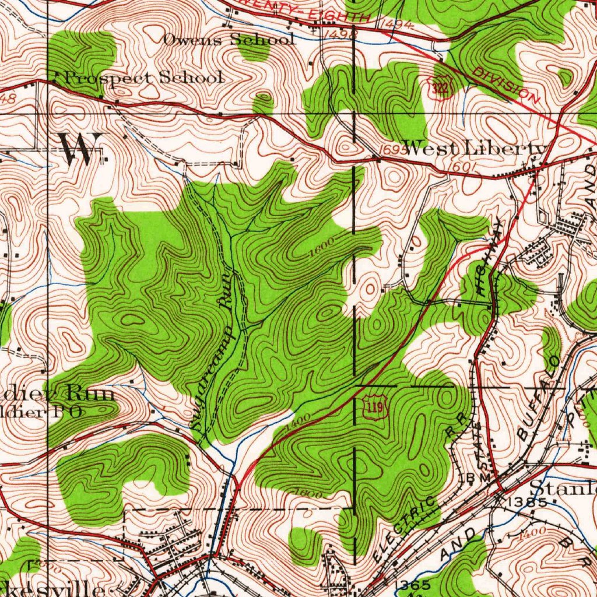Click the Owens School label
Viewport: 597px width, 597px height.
pyautogui.click(x=229, y=40)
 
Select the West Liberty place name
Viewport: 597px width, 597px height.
pyautogui.click(x=476, y=149)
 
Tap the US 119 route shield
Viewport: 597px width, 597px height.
pyautogui.click(x=375, y=408)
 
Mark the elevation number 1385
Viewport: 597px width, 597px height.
pyautogui.click(x=527, y=501)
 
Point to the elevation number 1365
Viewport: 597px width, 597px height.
pyautogui.click(x=413, y=584)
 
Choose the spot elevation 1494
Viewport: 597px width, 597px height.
pyautogui.click(x=398, y=24)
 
